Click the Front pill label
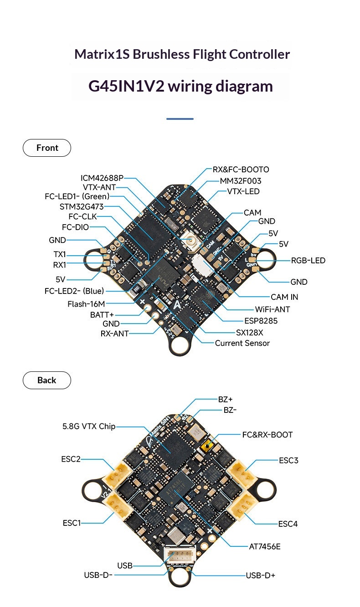(x=47, y=148)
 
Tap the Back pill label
(x=47, y=380)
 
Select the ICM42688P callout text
(x=102, y=178)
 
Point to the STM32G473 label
(x=82, y=207)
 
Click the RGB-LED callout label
(x=308, y=260)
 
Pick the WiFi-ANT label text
(x=272, y=309)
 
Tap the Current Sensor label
(x=242, y=343)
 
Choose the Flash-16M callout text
(x=86, y=304)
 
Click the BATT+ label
(x=102, y=315)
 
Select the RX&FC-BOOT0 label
(x=241, y=170)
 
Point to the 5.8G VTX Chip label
(x=89, y=426)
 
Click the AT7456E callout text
(x=265, y=546)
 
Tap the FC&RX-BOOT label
(x=267, y=435)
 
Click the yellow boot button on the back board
(x=207, y=445)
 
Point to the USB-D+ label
(x=260, y=575)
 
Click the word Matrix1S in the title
(x=102, y=54)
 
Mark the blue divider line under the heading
(x=180, y=118)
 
